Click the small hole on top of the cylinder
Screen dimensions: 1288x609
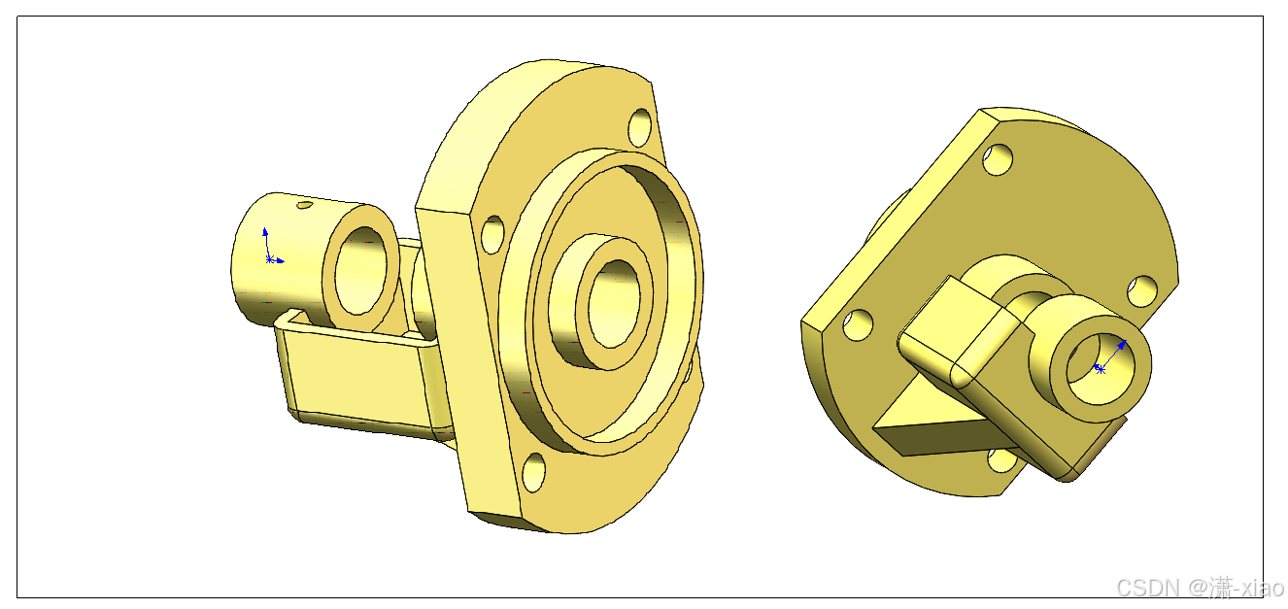pos(304,205)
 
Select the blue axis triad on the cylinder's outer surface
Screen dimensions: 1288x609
pos(269,248)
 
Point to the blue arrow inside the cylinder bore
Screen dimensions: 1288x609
pos(1111,355)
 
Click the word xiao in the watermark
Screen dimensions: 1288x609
pos(1261,588)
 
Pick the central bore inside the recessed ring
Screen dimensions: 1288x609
pos(614,303)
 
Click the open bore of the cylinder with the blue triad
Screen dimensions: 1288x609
pos(361,270)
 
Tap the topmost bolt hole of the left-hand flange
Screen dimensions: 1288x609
pos(640,127)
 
